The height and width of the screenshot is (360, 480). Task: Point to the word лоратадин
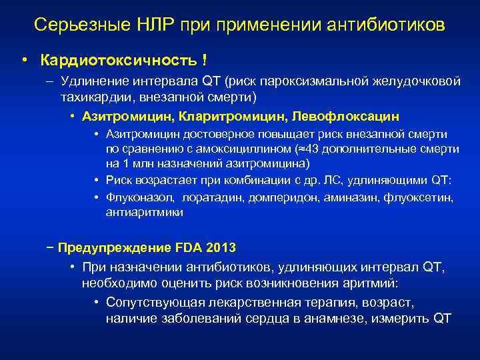(x=211, y=198)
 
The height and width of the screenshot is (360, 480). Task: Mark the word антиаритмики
(x=143, y=213)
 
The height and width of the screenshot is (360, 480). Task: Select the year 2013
(x=221, y=248)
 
